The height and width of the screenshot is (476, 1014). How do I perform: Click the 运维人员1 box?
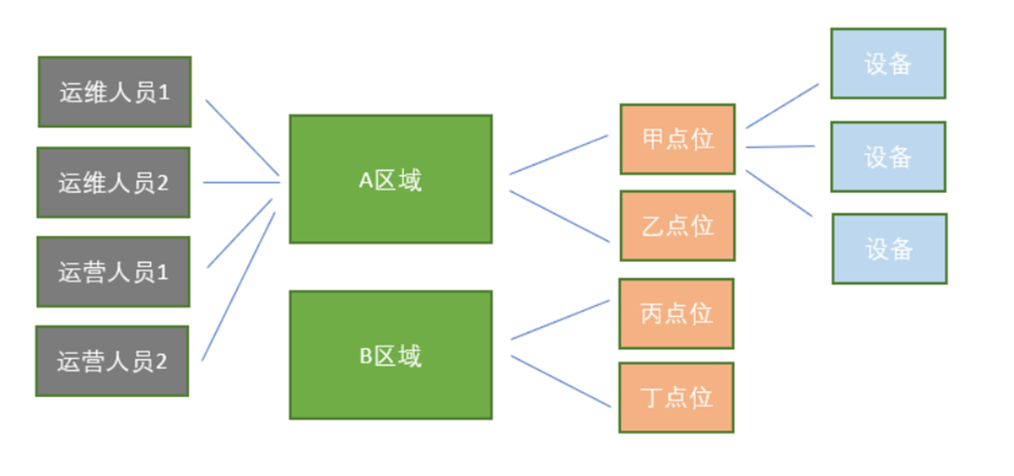coord(114,92)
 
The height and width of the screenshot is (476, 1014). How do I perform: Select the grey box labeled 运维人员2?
coord(113,183)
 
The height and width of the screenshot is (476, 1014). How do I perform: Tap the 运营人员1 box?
coord(113,272)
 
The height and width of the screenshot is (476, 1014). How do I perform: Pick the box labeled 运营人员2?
coord(112,361)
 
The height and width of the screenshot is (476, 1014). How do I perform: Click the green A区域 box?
coord(390,179)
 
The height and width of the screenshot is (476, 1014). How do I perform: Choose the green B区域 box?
coord(390,355)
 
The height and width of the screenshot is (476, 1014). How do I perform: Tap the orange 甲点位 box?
coord(677,139)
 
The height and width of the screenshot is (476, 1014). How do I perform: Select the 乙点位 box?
coord(677,226)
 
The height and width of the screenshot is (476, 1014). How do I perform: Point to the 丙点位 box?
coord(676,314)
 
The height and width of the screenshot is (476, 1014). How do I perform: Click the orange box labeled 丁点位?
coord(676,397)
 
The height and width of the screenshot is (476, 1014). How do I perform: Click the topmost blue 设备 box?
coord(888,64)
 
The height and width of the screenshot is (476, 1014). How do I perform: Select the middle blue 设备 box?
coord(888,157)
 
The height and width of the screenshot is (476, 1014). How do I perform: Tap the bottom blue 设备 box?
coord(889,248)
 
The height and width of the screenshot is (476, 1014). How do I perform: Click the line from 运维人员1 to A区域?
coord(242,137)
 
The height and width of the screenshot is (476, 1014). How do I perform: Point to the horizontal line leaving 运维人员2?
coord(241,183)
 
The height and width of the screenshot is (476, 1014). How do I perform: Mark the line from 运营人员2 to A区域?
coord(238,286)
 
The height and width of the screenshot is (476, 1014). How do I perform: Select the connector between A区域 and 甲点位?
coord(559,154)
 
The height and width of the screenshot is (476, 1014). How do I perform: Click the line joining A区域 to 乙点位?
coord(559,215)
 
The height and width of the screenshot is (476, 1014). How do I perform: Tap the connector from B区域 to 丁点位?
coord(560,381)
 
